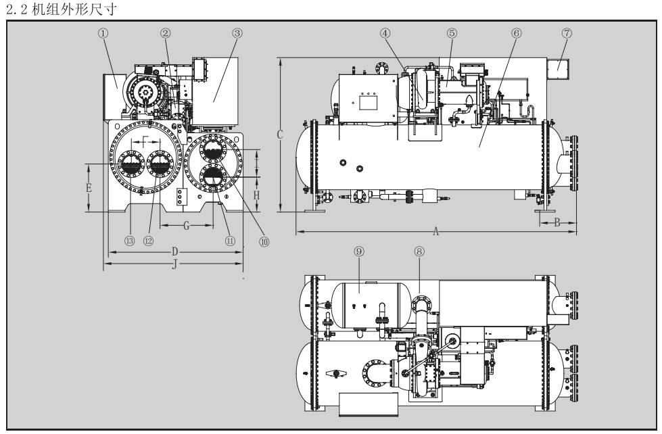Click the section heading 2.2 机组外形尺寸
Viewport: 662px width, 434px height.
tap(53, 7)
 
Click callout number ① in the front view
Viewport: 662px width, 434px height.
tap(103, 33)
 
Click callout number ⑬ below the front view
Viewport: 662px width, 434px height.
tap(128, 240)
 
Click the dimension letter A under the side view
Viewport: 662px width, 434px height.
tap(437, 231)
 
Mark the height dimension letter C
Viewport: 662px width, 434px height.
tap(279, 135)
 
